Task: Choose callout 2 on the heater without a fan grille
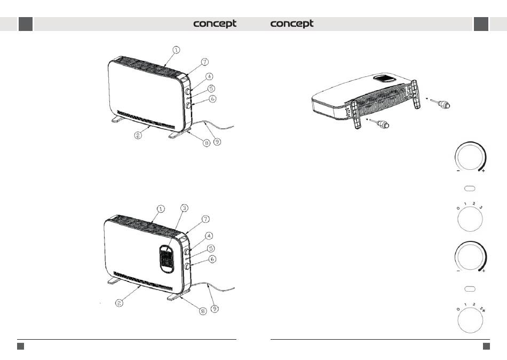click(138, 136)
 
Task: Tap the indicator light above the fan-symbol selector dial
click(470, 289)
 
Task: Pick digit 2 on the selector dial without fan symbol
click(473, 204)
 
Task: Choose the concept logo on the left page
click(215, 24)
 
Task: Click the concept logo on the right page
click(292, 24)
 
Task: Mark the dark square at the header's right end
click(481, 24)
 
